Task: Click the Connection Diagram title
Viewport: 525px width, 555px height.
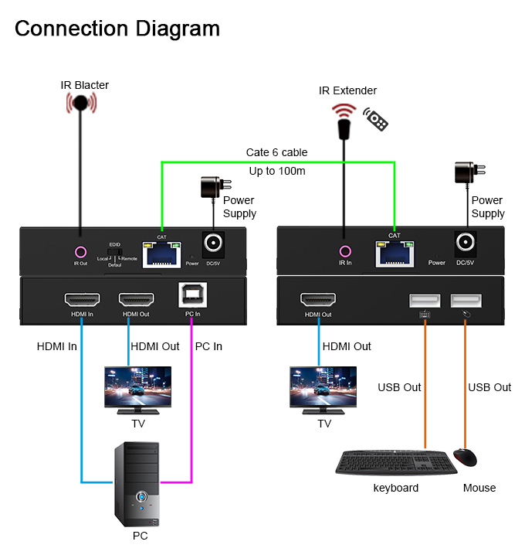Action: coord(117,29)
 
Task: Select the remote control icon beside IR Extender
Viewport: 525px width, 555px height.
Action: coord(376,119)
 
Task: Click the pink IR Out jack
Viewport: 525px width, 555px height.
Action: coord(80,252)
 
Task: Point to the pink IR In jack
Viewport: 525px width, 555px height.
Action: coord(345,251)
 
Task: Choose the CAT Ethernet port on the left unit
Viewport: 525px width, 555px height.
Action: coord(161,252)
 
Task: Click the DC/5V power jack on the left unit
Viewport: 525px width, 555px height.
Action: coord(213,246)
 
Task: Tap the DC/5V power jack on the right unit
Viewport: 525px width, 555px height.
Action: coord(466,245)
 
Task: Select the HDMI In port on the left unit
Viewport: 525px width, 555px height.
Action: coord(80,299)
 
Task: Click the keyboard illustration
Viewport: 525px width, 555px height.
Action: coord(391,462)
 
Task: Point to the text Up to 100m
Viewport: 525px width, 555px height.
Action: coord(277,171)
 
